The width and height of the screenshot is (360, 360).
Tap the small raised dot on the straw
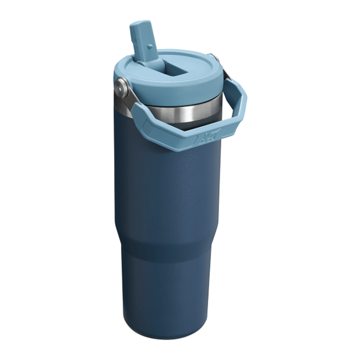click(150, 46)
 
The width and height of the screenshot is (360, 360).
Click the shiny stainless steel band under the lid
click(183, 112)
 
